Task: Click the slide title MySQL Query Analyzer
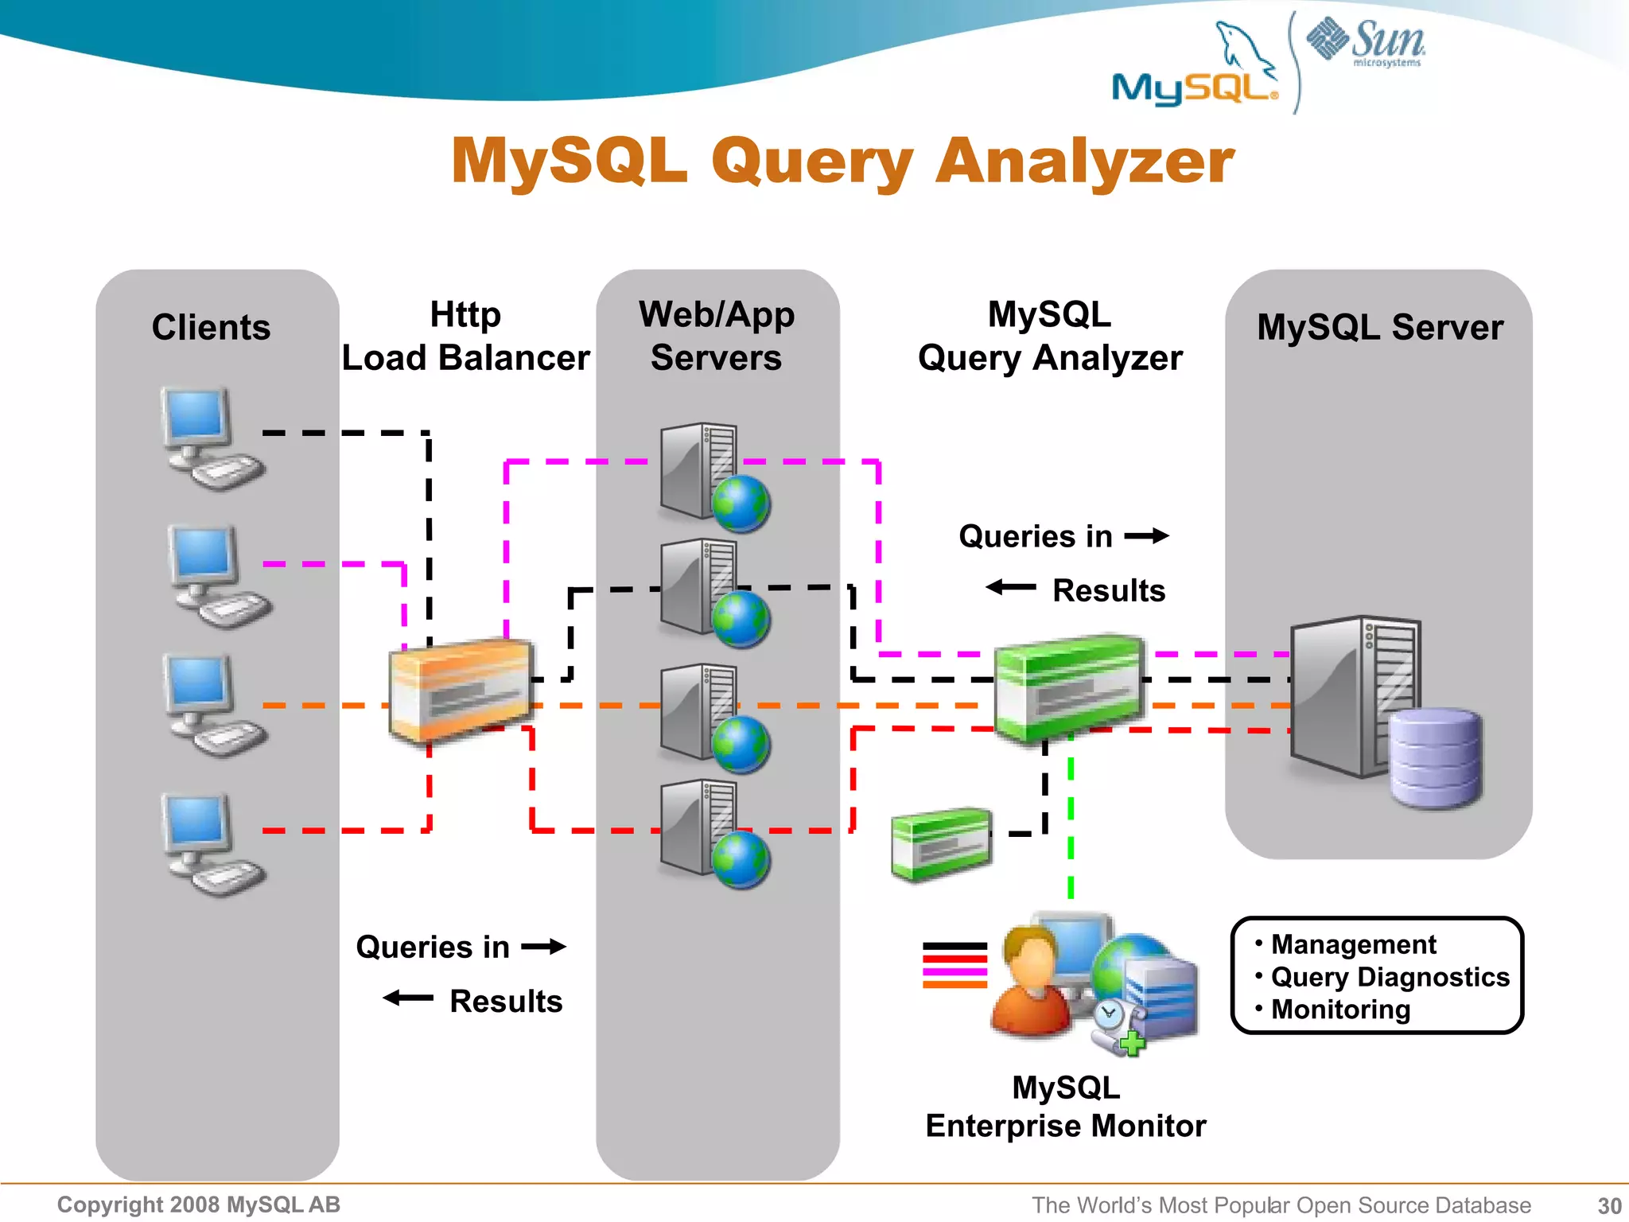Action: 842,162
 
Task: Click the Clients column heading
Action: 211,328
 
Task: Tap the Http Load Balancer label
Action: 465,337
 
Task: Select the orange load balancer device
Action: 460,689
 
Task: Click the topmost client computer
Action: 209,438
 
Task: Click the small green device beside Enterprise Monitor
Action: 941,845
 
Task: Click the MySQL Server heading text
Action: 1379,328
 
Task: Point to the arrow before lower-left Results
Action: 408,998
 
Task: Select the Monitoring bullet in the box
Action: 1339,1010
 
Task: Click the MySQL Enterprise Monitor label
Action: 1065,1107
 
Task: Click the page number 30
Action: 1609,1206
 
